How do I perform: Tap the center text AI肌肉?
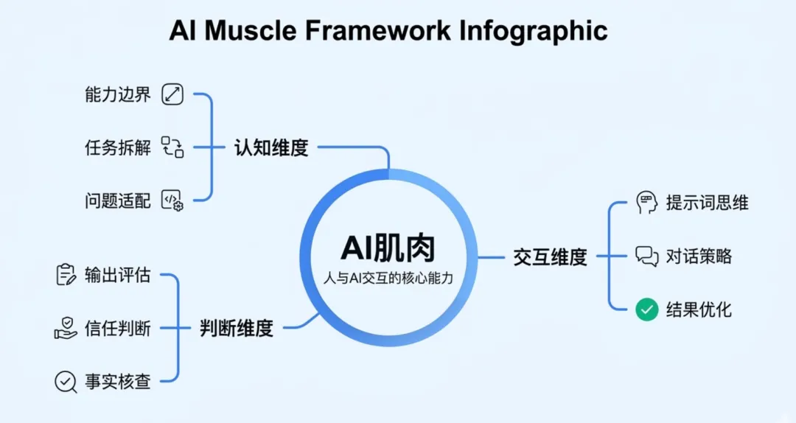[388, 249]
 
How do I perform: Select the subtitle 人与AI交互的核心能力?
[388, 279]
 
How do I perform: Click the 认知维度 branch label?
[270, 147]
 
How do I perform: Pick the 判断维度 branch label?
[237, 328]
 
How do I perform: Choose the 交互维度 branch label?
[550, 256]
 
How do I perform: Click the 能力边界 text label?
[117, 94]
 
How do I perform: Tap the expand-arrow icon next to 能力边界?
[172, 94]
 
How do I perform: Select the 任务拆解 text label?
[117, 147]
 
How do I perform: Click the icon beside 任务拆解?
[172, 147]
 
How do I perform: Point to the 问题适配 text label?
[117, 200]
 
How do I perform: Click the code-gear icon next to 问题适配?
[172, 200]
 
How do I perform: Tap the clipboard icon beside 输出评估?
[66, 275]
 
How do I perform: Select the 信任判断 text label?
[117, 328]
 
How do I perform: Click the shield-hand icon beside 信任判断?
[66, 328]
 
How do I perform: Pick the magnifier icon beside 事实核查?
[66, 381]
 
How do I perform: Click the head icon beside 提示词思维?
[646, 203]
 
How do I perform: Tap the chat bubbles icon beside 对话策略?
[646, 256]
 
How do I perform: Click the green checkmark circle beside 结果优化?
[646, 310]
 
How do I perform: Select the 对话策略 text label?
[699, 256]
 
